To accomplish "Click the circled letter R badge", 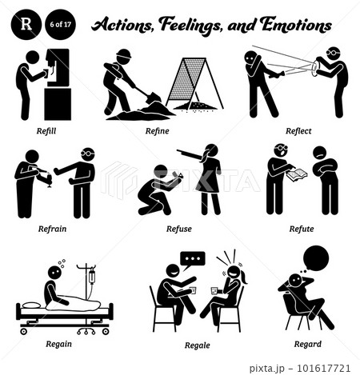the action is [26, 25].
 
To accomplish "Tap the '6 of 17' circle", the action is [61, 25].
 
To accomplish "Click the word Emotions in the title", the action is [296, 25].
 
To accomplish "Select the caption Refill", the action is [46, 131].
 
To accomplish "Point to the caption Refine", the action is [157, 131].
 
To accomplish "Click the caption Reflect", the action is [298, 131].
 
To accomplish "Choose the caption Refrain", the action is [52, 229].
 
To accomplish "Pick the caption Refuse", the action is [179, 229].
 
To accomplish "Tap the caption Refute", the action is [302, 229].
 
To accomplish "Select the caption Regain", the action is [58, 344].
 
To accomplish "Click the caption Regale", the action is [198, 345].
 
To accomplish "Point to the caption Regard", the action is [308, 344].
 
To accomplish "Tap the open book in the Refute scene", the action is [297, 174].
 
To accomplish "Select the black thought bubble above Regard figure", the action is [316, 258].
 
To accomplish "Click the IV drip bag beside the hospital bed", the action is [92, 277].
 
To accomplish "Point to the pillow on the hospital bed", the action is [31, 305].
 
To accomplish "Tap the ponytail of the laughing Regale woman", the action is [244, 277].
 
